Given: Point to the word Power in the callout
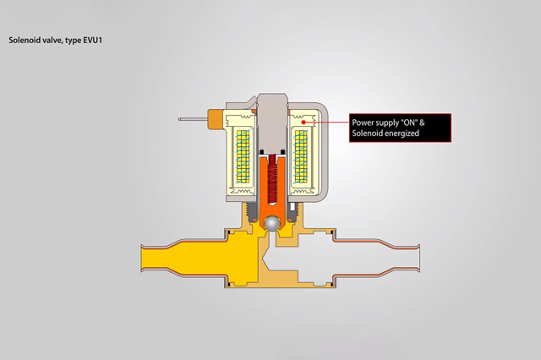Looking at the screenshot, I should tap(363, 123).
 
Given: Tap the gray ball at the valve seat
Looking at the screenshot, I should tap(272, 223).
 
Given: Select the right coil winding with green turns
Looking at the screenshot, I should tap(302, 160).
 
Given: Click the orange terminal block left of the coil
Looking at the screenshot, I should tap(213, 120).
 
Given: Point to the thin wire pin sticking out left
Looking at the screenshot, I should tap(191, 120).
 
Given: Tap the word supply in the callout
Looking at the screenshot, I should tap(389, 123).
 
